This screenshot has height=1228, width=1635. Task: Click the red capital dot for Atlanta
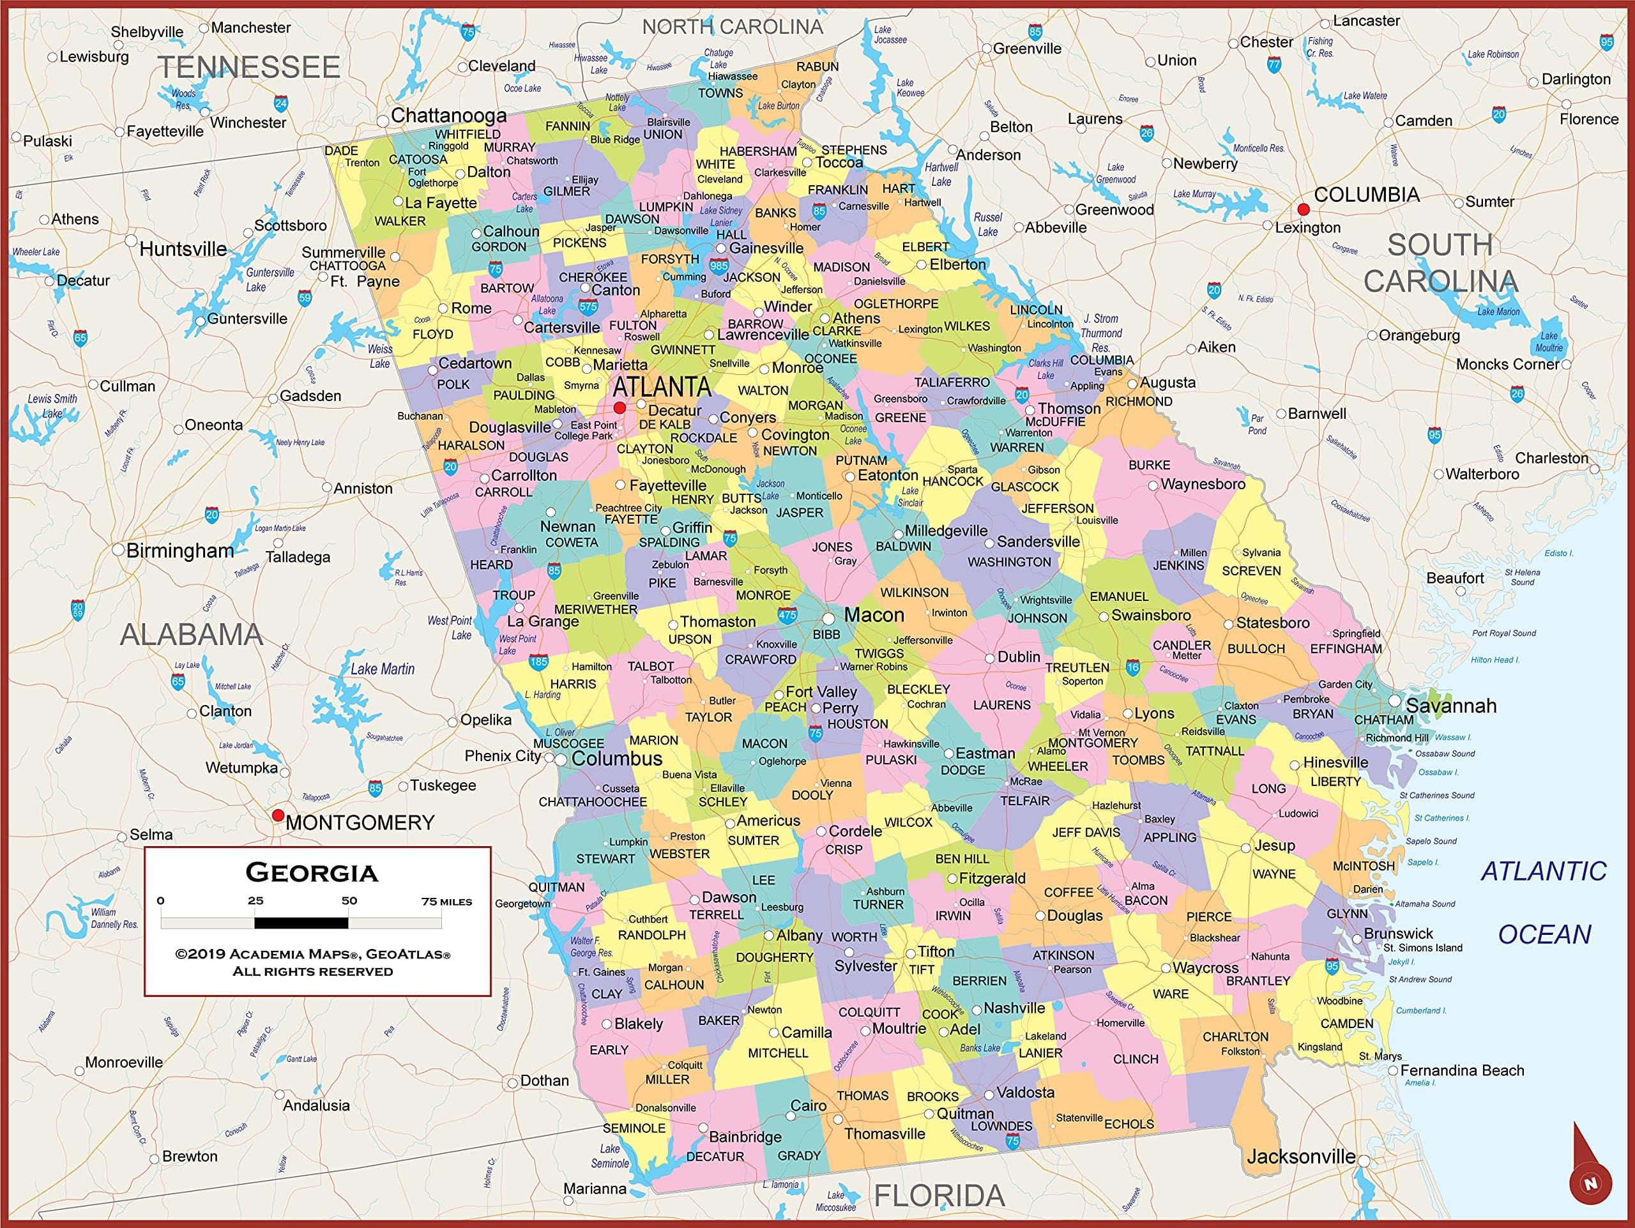tap(620, 407)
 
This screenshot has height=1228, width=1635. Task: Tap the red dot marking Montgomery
tap(278, 815)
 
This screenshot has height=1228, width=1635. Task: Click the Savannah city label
tap(1450, 706)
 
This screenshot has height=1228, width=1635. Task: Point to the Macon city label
tap(874, 615)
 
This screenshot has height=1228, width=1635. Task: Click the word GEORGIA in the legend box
tap(312, 872)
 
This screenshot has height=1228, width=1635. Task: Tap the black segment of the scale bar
tap(301, 922)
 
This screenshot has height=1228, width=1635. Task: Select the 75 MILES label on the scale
tap(446, 902)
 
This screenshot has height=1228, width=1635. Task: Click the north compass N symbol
tap(1590, 1183)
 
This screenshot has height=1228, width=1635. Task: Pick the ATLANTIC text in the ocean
tap(1543, 871)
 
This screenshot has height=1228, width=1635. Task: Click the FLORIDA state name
tap(939, 1195)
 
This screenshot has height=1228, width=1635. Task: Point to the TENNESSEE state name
tap(249, 67)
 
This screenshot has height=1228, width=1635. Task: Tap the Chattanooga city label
tap(448, 115)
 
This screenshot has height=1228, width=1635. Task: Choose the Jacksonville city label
tap(1300, 1156)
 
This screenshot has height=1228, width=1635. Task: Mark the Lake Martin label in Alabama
tap(382, 669)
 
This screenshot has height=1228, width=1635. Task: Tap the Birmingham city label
tap(179, 550)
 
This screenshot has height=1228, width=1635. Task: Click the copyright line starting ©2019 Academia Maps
tap(313, 954)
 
